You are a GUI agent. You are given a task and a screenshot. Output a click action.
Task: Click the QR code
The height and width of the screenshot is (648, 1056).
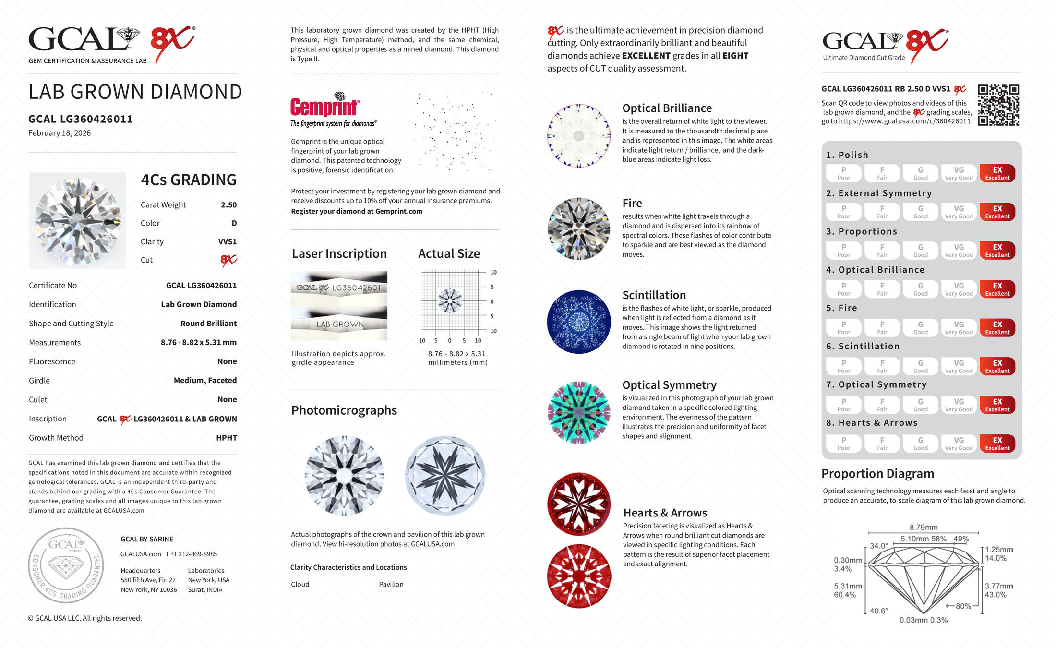tap(998, 105)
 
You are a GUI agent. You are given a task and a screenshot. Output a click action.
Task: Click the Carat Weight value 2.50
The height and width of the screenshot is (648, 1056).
tap(228, 205)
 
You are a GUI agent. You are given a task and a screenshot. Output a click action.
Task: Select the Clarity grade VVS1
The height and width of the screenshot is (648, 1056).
tap(227, 242)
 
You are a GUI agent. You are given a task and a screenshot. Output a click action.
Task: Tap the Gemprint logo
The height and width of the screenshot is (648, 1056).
tap(325, 106)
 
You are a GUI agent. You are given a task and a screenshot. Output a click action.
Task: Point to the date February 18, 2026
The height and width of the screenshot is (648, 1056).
tap(60, 133)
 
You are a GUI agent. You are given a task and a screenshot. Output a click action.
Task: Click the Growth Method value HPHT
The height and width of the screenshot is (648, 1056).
tap(226, 438)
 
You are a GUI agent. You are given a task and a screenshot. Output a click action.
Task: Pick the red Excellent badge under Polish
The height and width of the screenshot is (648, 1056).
tap(997, 173)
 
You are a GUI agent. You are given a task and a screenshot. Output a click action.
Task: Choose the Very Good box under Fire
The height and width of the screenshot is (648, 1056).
tap(959, 328)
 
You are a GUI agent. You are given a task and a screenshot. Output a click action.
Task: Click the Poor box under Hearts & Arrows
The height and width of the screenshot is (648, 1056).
tap(843, 444)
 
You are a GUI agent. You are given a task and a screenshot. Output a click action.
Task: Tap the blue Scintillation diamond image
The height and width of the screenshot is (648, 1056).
tap(579, 322)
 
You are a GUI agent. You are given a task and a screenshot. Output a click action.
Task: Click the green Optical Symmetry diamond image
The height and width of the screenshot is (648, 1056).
tap(579, 412)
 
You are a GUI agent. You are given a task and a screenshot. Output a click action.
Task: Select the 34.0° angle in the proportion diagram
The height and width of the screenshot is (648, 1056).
tap(879, 546)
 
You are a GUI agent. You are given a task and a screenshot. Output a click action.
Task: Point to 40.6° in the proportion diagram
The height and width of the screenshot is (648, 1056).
tap(878, 611)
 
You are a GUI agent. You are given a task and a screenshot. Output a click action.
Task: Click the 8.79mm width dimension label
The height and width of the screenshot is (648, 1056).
tap(923, 527)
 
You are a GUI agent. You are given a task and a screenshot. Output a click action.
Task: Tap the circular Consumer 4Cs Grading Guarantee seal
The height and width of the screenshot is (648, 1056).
tap(66, 565)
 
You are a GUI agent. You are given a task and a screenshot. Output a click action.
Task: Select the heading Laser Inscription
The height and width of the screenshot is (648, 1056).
tap(339, 253)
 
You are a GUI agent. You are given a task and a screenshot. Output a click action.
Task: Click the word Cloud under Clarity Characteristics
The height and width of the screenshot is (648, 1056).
tap(300, 584)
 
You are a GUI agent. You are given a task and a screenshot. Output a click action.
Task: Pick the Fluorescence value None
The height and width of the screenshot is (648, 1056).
tap(227, 361)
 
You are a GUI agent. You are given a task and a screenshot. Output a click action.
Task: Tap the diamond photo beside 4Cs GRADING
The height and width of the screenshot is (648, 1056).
tap(78, 221)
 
